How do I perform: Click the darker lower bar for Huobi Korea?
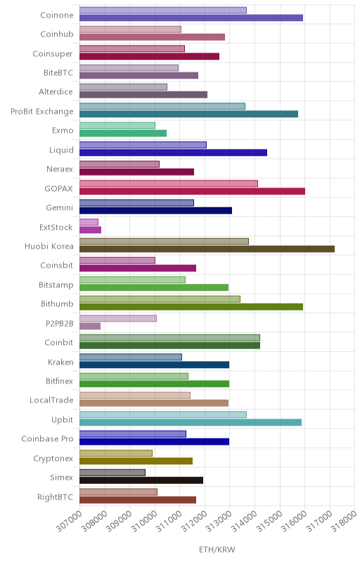(207, 249)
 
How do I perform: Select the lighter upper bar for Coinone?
(163, 10)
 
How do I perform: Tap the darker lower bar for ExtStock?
(91, 230)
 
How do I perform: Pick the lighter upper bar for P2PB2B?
(118, 318)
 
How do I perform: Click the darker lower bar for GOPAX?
(192, 191)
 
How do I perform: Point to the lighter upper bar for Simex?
(112, 472)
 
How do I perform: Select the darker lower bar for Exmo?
(123, 133)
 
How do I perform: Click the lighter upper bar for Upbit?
(163, 414)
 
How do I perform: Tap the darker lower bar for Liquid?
(173, 152)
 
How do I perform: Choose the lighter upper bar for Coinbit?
(169, 338)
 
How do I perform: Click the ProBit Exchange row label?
(42, 112)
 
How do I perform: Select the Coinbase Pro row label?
(47, 438)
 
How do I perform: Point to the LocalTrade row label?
(51, 400)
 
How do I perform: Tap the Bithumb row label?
(57, 303)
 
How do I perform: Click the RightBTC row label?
(56, 497)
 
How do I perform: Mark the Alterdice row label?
(56, 92)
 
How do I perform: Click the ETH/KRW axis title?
(217, 550)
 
